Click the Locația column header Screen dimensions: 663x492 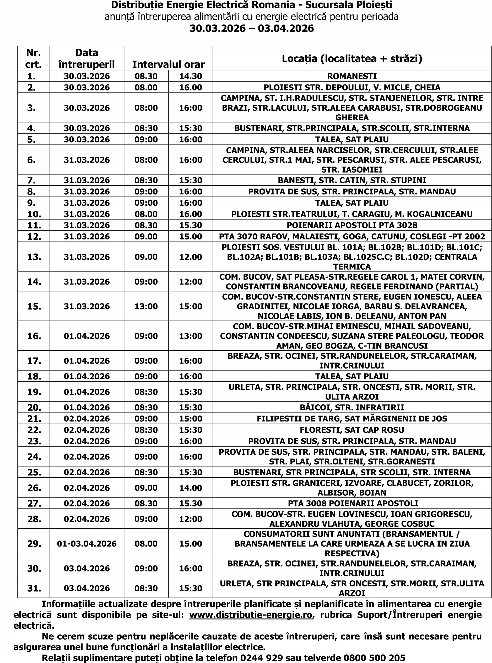pyautogui.click(x=352, y=59)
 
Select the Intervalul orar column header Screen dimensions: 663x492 pyautogui.click(x=168, y=64)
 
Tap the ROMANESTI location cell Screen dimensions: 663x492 pyautogui.click(x=352, y=76)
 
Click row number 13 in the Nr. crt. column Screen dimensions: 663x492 pyautogui.click(x=34, y=257)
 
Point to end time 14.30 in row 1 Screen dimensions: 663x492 pyautogui.click(x=191, y=76)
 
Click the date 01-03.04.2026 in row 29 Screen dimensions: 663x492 pyautogui.click(x=87, y=543)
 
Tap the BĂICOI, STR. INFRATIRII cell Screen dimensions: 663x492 pyautogui.click(x=352, y=407)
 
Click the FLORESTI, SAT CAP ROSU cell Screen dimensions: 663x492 pyautogui.click(x=352, y=430)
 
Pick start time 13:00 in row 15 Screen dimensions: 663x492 pyautogui.click(x=146, y=306)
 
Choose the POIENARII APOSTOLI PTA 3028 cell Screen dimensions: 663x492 pyautogui.click(x=352, y=225)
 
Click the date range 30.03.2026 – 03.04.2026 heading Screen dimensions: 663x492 pyautogui.click(x=252, y=28)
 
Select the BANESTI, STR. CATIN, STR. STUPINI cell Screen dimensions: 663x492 pyautogui.click(x=352, y=180)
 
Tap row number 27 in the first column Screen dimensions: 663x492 pyautogui.click(x=34, y=503)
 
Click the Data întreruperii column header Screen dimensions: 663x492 pyautogui.click(x=87, y=58)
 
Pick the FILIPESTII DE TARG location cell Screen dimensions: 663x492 pyautogui.click(x=352, y=419)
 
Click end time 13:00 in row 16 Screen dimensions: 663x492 pyautogui.click(x=191, y=336)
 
